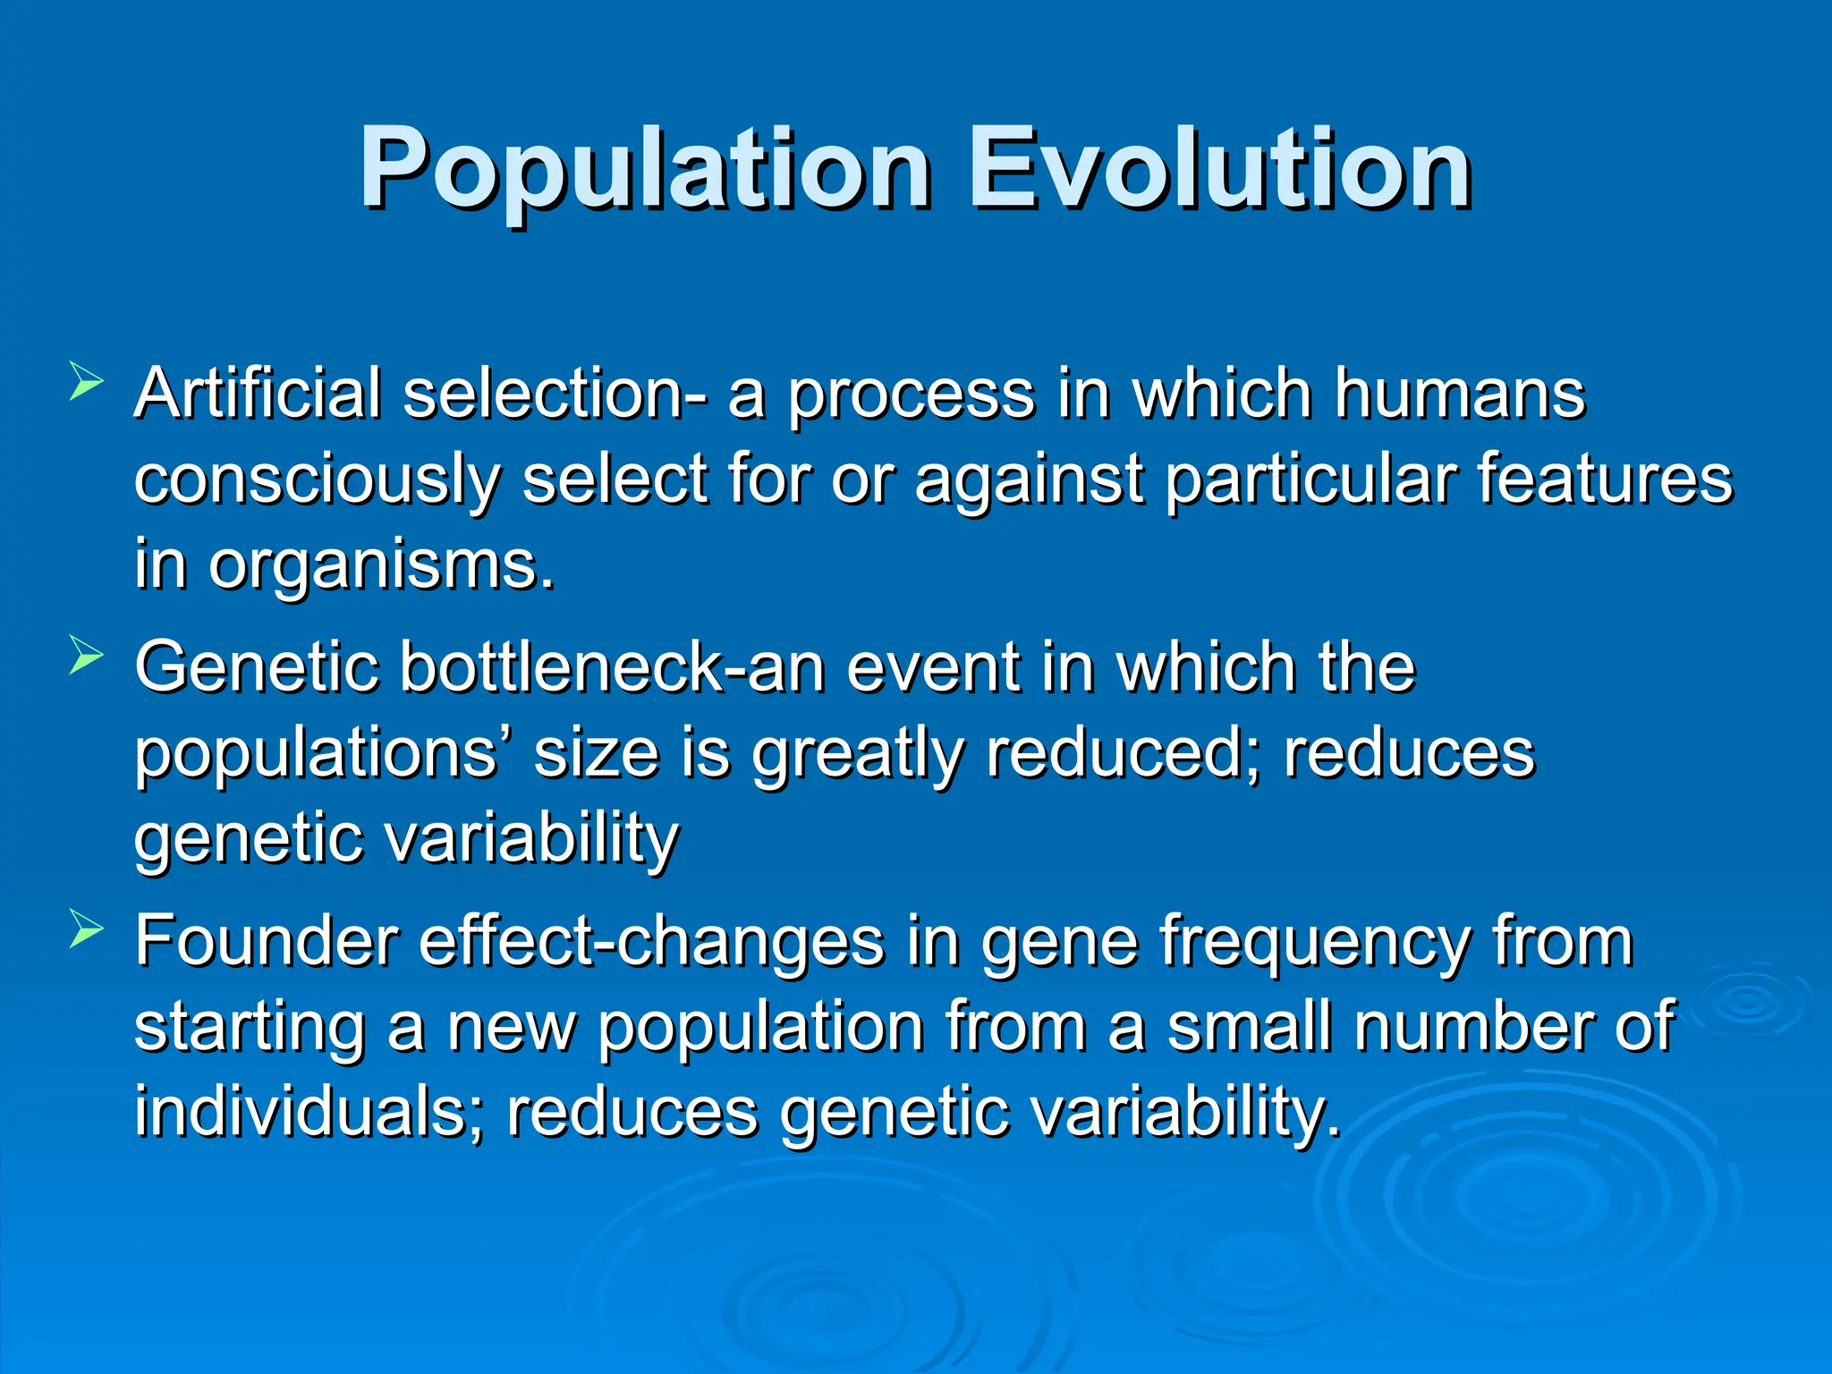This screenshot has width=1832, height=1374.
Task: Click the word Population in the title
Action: click(644, 170)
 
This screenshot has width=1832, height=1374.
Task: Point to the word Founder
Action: click(267, 941)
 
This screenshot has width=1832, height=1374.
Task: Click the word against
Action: click(1029, 481)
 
